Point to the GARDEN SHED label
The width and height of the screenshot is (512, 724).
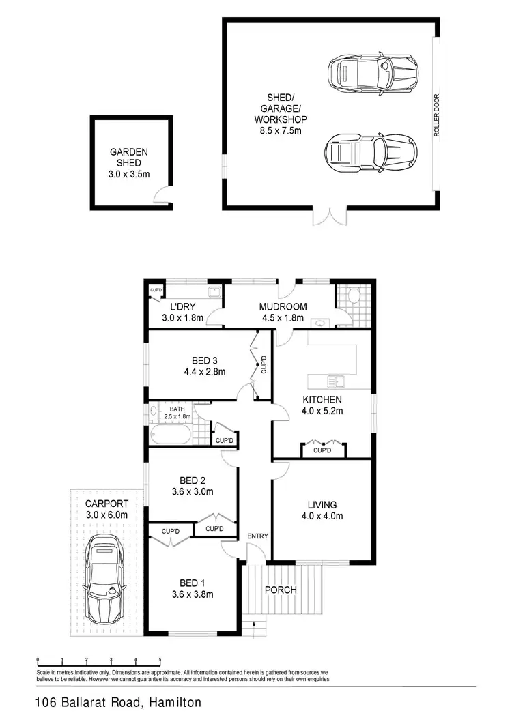(x=129, y=158)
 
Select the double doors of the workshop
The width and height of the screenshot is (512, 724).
(x=324, y=215)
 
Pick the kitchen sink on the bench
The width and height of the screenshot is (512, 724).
(x=335, y=381)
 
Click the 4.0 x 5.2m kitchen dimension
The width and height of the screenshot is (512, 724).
(x=322, y=411)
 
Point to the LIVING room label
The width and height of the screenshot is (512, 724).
(x=322, y=505)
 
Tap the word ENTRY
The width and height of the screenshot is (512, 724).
(x=257, y=536)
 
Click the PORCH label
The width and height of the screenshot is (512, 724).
(x=281, y=590)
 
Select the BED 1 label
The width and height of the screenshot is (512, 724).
(x=192, y=583)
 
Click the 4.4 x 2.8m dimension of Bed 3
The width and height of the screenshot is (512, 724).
(x=204, y=372)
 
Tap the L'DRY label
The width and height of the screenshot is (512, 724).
(x=183, y=307)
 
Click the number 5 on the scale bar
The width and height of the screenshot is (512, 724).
(x=160, y=660)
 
